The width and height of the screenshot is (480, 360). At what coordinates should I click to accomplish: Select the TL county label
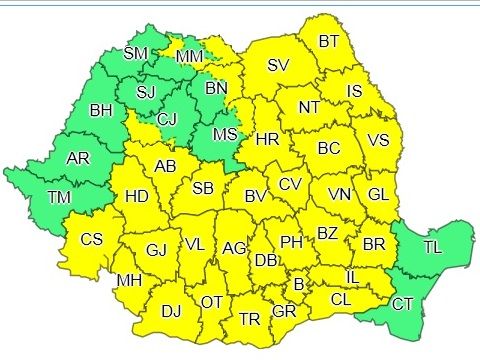433,247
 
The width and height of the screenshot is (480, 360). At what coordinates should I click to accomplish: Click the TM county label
59,198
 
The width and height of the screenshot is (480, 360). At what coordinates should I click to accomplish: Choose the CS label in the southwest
92,239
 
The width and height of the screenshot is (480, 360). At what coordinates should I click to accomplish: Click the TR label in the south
249,320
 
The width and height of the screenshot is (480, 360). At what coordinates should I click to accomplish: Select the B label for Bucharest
297,284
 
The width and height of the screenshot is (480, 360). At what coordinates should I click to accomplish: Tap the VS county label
377,140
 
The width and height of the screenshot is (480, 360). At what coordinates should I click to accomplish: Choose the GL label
377,193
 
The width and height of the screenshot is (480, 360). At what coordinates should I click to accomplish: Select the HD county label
137,197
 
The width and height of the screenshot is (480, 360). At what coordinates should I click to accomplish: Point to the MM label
189,59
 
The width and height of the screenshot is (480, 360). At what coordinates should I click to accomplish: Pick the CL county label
340,299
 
